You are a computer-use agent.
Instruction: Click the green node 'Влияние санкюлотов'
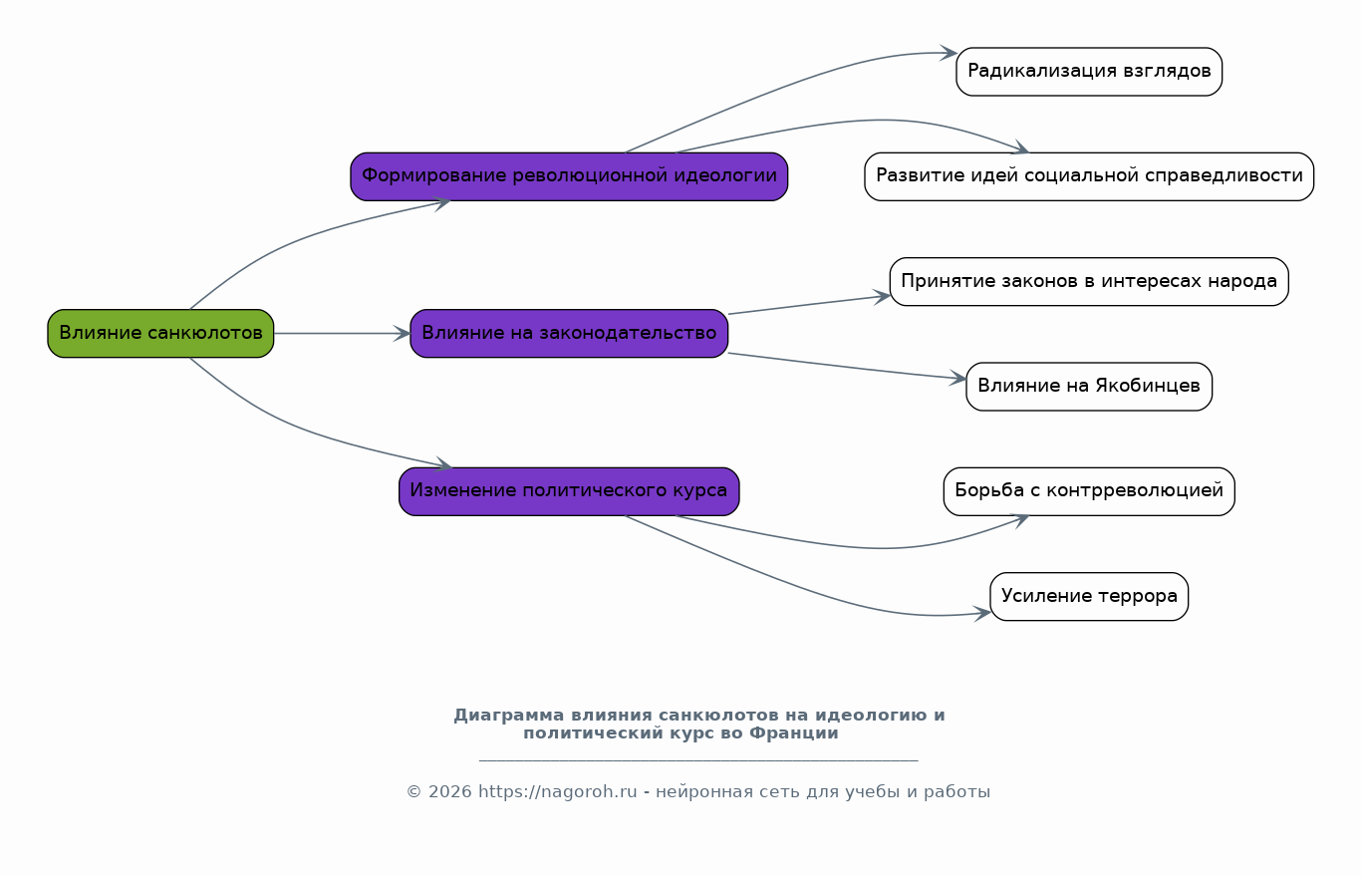pyautogui.click(x=160, y=334)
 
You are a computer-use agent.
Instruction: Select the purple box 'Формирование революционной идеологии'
pyautogui.click(x=569, y=176)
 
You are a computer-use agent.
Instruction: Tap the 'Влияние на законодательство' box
pyautogui.click(x=569, y=334)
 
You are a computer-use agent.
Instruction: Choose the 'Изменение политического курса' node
pyautogui.click(x=569, y=491)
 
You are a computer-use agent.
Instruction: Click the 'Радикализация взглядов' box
pyautogui.click(x=1089, y=72)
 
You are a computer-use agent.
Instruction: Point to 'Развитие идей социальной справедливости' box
pyautogui.click(x=1089, y=176)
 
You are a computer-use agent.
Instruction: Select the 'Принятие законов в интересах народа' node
pyautogui.click(x=1089, y=282)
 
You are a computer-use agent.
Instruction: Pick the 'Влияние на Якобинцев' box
pyautogui.click(x=1089, y=387)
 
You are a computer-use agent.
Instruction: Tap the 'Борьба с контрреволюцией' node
pyautogui.click(x=1089, y=491)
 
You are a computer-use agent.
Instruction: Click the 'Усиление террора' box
pyautogui.click(x=1089, y=597)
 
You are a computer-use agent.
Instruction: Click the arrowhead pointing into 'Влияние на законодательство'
pyautogui.click(x=403, y=334)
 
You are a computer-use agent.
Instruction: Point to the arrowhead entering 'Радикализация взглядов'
pyautogui.click(x=949, y=53)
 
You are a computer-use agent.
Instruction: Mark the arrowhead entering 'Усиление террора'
pyautogui.click(x=982, y=614)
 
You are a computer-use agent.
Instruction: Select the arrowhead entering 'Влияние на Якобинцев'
pyautogui.click(x=958, y=379)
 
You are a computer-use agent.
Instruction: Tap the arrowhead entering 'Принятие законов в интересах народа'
pyautogui.click(x=882, y=297)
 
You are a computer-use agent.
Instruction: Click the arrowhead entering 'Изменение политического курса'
pyautogui.click(x=443, y=465)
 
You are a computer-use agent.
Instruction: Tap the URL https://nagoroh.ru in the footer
pyautogui.click(x=558, y=792)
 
